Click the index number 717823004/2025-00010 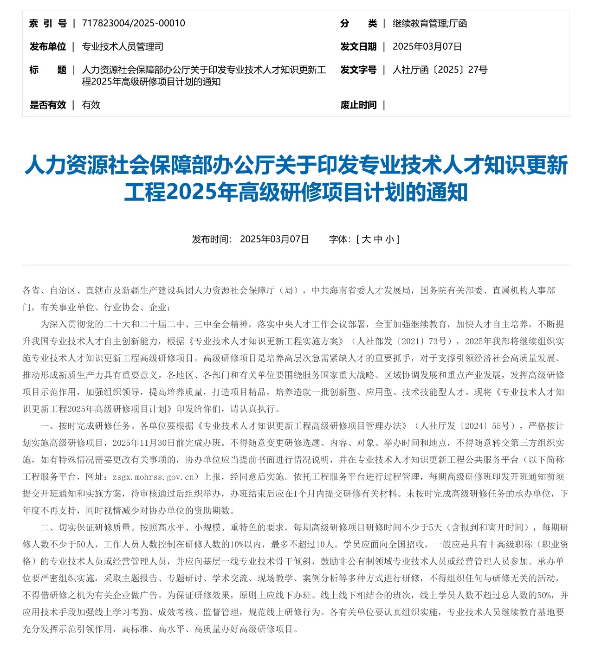[x=133, y=23]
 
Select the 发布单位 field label [x=48, y=46]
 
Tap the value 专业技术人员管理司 [x=123, y=46]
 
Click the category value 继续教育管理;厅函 [x=429, y=23]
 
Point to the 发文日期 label [x=358, y=46]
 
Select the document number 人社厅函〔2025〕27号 [x=440, y=70]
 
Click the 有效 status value [x=91, y=105]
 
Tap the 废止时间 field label [x=358, y=105]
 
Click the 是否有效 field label [x=48, y=105]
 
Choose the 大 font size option [x=366, y=239]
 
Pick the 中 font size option [x=378, y=239]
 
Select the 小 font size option [x=389, y=239]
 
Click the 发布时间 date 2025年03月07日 [x=274, y=239]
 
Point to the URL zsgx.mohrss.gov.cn [x=153, y=477]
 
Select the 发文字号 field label [x=358, y=70]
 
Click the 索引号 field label [x=48, y=23]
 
